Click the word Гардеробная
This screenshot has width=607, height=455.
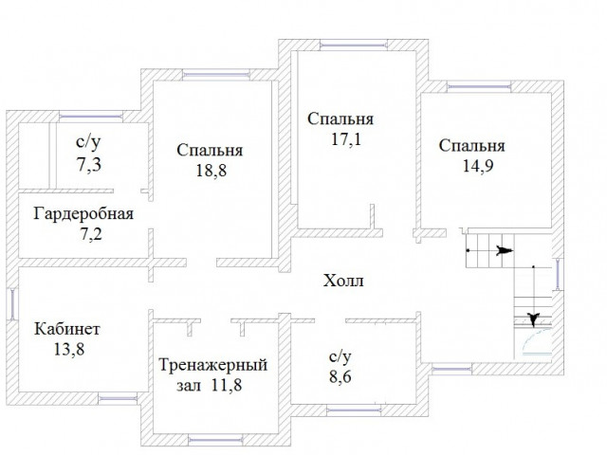pyautogui.click(x=83, y=212)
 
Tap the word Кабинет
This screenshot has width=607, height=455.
pyautogui.click(x=67, y=329)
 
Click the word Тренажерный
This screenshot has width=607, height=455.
pyautogui.click(x=212, y=365)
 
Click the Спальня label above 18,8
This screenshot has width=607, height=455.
pyautogui.click(x=210, y=150)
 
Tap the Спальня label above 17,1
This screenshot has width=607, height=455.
pyautogui.click(x=340, y=119)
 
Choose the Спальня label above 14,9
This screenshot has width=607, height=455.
pyautogui.click(x=471, y=145)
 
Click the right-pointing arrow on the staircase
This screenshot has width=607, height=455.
pyautogui.click(x=505, y=251)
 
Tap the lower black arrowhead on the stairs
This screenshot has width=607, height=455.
pyautogui.click(x=535, y=319)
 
